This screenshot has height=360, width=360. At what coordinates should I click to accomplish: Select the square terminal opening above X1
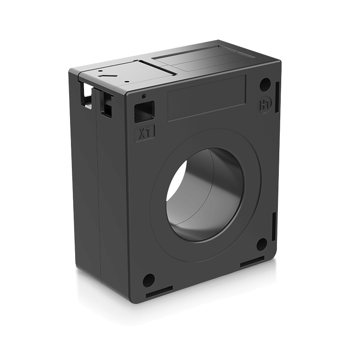coord(145,111)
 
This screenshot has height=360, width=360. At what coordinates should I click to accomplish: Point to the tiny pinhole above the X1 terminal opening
coord(143,96)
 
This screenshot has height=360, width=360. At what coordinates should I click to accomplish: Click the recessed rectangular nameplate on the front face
coord(206,99)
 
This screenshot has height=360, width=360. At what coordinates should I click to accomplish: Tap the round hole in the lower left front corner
coord(148,279)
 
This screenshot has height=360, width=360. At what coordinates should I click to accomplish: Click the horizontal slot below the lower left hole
coord(159,295)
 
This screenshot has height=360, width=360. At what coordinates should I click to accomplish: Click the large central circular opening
coord(204,195)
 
